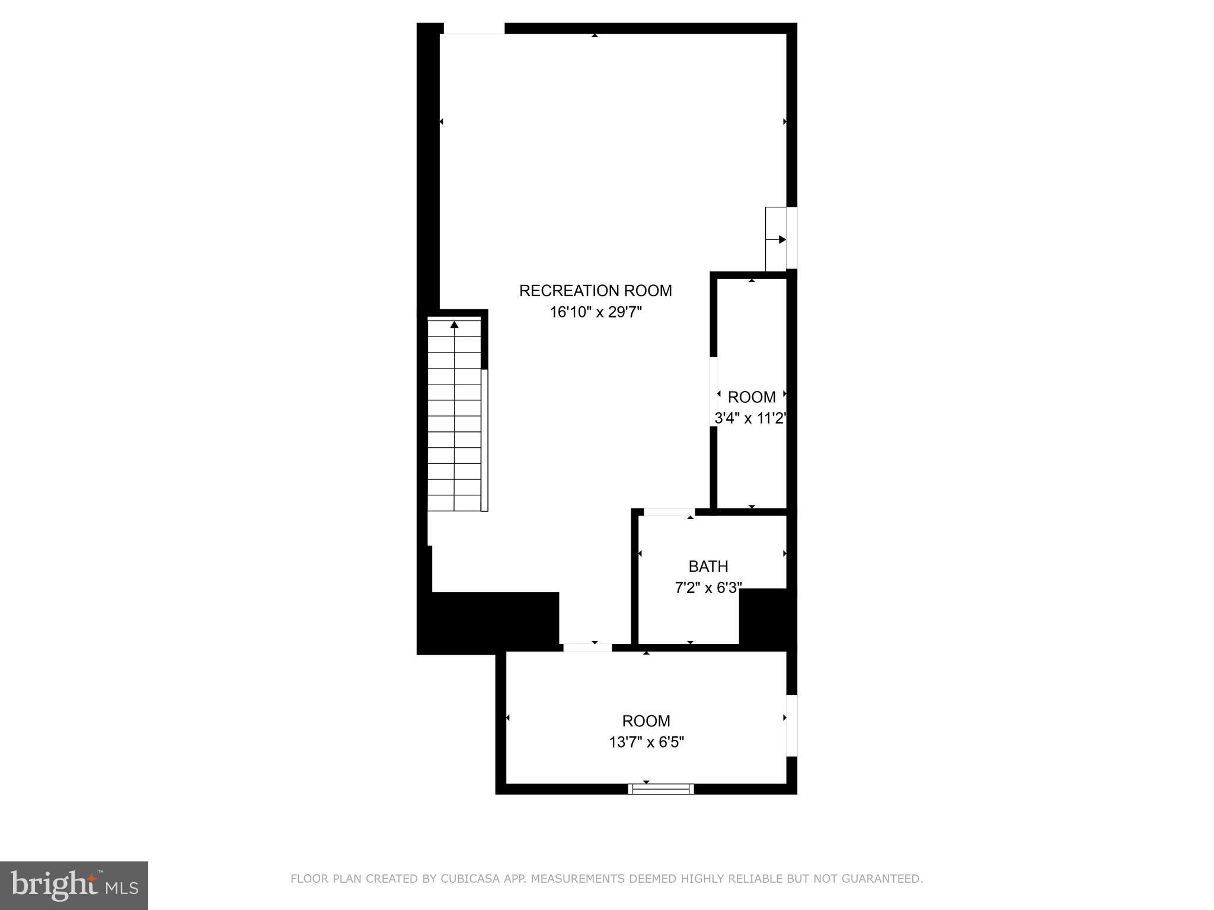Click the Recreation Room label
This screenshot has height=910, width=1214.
pyautogui.click(x=595, y=291)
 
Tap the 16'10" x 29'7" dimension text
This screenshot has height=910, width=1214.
pyautogui.click(x=596, y=312)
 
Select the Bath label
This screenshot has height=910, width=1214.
pyautogui.click(x=708, y=566)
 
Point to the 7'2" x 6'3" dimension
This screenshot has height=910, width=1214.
pyautogui.click(x=708, y=588)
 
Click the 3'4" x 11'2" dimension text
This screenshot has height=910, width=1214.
pyautogui.click(x=750, y=418)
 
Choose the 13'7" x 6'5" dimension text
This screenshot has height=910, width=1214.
pyautogui.click(x=646, y=742)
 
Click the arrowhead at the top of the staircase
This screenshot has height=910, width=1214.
pyautogui.click(x=455, y=325)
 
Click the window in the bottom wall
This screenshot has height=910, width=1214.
pyautogui.click(x=661, y=789)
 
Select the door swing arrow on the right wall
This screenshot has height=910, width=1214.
pyautogui.click(x=777, y=239)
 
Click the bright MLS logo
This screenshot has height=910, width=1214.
pyautogui.click(x=74, y=885)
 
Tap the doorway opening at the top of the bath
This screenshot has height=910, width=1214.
pyautogui.click(x=669, y=512)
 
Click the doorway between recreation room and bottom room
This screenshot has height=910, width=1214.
pyautogui.click(x=587, y=648)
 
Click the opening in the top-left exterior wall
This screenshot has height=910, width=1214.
pyautogui.click(x=474, y=28)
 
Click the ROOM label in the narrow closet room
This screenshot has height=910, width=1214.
pyautogui.click(x=751, y=397)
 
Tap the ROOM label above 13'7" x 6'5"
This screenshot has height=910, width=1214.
pyautogui.click(x=646, y=721)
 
